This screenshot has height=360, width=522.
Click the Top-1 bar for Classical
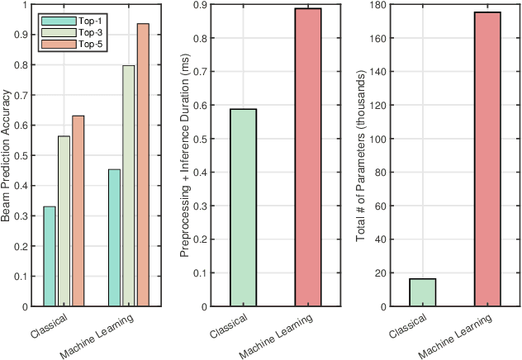pos(50,256)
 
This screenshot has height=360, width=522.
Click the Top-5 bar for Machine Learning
pos(143,165)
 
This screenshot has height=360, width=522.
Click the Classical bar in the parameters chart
pos(422,292)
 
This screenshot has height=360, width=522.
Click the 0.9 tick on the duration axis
pos(198,6)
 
